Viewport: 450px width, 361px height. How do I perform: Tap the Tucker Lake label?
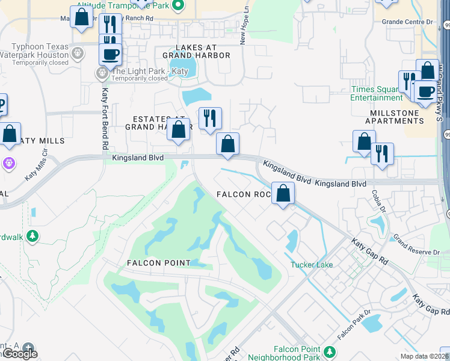point(312,265)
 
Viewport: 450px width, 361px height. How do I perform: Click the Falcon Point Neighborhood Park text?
point(297,353)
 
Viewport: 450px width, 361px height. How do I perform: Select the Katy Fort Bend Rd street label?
point(105,119)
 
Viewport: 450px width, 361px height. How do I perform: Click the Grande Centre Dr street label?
point(407,22)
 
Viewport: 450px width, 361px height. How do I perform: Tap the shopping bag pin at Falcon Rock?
point(283,194)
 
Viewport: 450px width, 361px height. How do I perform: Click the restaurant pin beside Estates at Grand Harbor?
point(210,118)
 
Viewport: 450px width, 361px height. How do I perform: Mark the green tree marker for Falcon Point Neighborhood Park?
point(329,351)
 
